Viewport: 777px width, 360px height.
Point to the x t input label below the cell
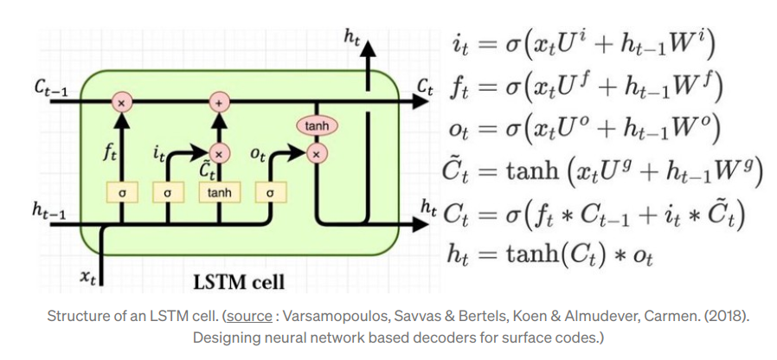[x=87, y=276]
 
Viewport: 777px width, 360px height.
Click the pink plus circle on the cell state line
[x=219, y=102]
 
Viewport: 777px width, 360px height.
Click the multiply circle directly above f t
[x=121, y=102]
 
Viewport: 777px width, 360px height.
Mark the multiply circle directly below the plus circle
[x=219, y=153]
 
